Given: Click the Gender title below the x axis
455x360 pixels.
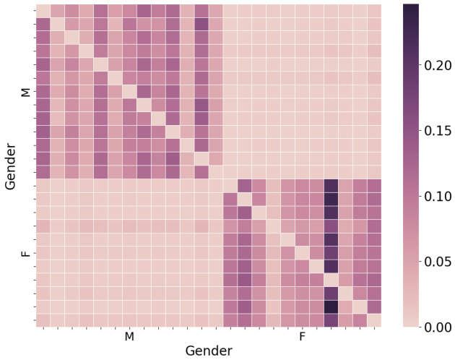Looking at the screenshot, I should [209, 351].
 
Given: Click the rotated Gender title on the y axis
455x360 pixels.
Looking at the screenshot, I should [10, 166].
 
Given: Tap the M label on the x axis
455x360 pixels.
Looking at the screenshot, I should [129, 337].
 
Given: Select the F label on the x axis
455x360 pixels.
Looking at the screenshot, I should [302, 337].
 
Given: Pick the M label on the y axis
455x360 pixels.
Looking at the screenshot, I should [25, 91].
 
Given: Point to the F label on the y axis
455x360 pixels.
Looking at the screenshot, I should [25, 253].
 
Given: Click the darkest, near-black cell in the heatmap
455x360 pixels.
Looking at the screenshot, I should [331, 307].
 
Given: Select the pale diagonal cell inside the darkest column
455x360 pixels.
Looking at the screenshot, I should [331, 280].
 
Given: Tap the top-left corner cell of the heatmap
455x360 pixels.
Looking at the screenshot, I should [43, 11].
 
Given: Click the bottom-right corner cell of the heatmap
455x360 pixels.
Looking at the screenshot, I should [374, 320].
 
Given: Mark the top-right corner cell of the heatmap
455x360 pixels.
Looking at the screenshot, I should [374, 11].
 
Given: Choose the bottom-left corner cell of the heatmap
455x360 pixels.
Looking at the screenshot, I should [43, 320].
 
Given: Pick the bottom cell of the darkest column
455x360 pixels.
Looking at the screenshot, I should [331, 320].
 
